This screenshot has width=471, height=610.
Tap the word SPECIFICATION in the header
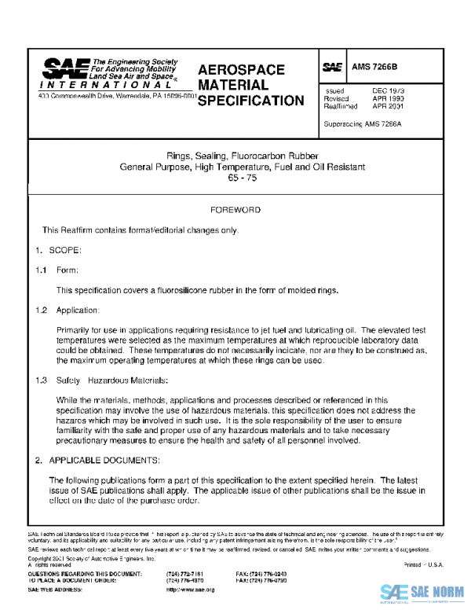coord(250,101)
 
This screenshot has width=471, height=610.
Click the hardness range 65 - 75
coord(235,178)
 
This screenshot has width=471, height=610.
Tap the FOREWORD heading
coord(235,211)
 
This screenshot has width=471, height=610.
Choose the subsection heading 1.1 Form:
coord(53,270)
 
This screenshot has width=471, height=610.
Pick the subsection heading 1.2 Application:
coord(68,311)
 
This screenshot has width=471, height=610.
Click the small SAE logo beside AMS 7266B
coord(333,68)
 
